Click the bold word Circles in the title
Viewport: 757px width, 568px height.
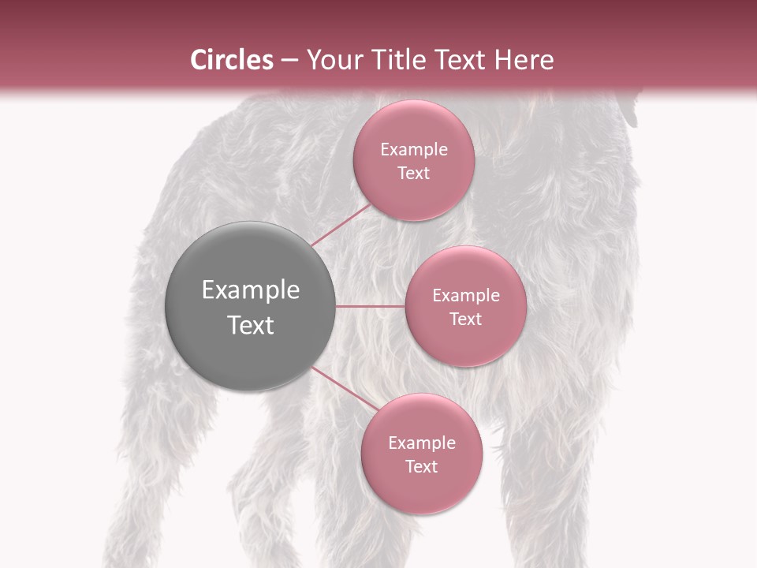231,60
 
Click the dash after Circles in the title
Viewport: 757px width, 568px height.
289,61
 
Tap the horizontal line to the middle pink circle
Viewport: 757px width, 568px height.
370,306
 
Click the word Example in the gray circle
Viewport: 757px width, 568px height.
251,290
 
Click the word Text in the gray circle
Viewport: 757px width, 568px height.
251,325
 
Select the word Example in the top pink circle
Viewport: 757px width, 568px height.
413,150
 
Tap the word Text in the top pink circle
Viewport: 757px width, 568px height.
413,174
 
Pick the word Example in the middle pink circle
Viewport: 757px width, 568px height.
465,296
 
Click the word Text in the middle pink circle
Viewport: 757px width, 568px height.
465,319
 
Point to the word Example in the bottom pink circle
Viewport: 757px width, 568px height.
421,443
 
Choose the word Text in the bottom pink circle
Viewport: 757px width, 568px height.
421,467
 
